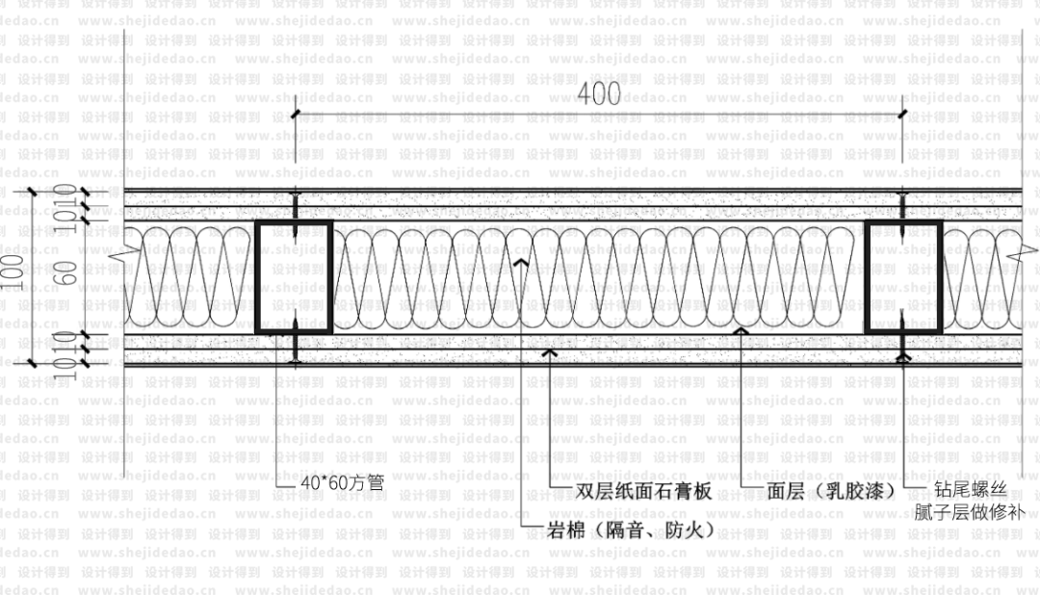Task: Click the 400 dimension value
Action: (x=599, y=94)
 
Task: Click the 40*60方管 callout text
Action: (x=342, y=483)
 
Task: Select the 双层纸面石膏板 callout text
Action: (x=643, y=491)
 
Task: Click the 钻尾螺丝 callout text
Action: (x=971, y=489)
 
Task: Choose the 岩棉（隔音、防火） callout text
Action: (x=631, y=530)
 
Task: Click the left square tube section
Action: (x=295, y=276)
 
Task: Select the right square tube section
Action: (x=902, y=276)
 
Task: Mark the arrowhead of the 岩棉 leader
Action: (x=521, y=260)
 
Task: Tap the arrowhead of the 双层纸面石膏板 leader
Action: (x=550, y=352)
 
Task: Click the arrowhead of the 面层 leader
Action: (x=740, y=330)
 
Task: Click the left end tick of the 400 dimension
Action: (x=296, y=116)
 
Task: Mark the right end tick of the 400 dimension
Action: (x=902, y=116)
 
